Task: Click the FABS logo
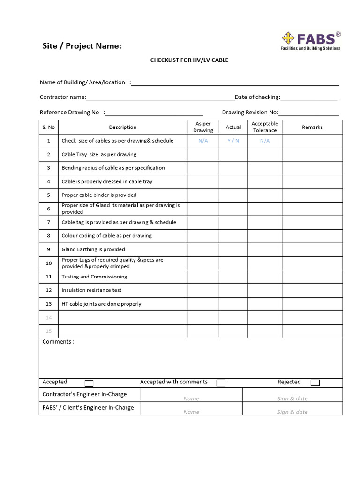310,41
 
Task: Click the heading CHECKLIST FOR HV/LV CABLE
189,60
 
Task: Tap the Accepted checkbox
89,383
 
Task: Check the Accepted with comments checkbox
221,383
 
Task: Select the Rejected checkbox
315,382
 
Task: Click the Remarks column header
312,127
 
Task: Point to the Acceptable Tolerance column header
265,127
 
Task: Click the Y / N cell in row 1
233,141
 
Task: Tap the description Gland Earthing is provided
93,249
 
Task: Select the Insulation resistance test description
91,290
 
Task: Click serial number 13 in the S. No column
49,304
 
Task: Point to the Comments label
58,342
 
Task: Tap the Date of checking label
257,97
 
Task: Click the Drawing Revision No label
250,112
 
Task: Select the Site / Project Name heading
82,46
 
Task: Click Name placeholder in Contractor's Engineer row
191,398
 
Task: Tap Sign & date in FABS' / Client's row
292,412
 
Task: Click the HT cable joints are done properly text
101,304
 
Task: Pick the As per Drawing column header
203,127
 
